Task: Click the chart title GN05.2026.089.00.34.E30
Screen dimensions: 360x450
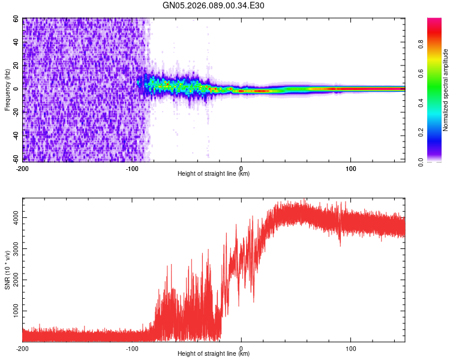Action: coord(214,6)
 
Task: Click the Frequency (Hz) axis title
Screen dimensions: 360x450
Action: coord(7,90)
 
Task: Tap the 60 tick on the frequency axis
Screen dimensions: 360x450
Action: coord(16,19)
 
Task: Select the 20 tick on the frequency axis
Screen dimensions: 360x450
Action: coord(16,65)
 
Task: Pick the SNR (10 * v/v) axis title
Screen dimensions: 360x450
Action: coord(7,270)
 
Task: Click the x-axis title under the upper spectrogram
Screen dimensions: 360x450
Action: coord(214,174)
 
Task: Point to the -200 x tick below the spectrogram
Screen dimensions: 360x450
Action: coord(23,167)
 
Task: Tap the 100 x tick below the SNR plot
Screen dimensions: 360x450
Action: coord(350,347)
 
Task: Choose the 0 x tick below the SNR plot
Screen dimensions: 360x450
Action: coord(241,347)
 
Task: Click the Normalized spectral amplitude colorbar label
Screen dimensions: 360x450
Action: coord(446,90)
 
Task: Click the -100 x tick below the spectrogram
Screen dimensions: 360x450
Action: coord(132,167)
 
